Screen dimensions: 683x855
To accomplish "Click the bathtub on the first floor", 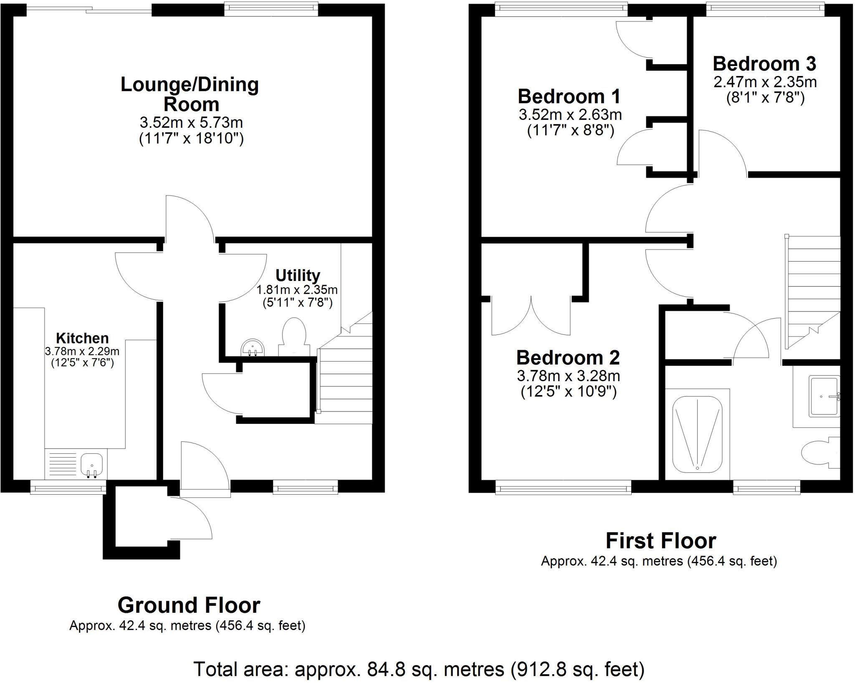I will tap(697, 434).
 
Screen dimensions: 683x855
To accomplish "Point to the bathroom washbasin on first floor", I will tap(824, 396).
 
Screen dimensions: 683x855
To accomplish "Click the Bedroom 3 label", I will tap(764, 64).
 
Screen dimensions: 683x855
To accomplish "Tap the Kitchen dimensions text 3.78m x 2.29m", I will tap(82, 351).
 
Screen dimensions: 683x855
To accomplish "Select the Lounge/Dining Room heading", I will tap(190, 94).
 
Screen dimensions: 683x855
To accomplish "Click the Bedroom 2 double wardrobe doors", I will tap(531, 315).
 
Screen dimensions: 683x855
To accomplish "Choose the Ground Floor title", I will tap(189, 605).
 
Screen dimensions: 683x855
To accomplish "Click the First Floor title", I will tap(660, 541).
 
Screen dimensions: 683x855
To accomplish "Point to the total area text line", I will tap(419, 669).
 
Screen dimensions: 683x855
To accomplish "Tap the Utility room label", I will tap(298, 275).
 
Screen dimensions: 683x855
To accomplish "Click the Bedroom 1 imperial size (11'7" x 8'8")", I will tap(570, 131).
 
